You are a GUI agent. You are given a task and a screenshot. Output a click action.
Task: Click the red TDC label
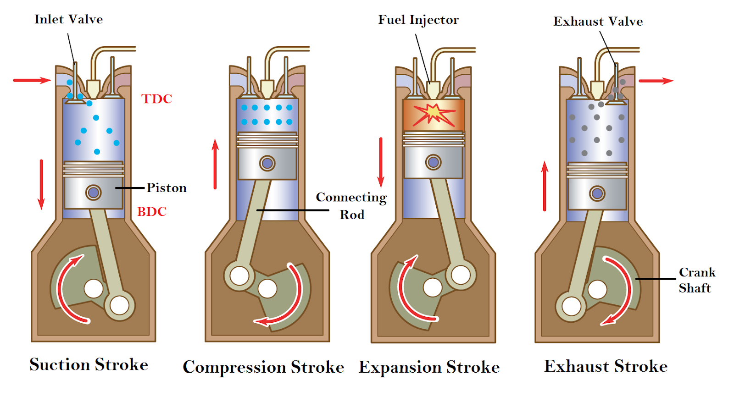pyautogui.click(x=156, y=99)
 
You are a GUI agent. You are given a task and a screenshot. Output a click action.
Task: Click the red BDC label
pyautogui.click(x=152, y=211)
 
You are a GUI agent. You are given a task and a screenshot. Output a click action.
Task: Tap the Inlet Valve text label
pyautogui.click(x=68, y=19)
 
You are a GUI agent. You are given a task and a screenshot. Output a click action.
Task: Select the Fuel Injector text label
pyautogui.click(x=418, y=20)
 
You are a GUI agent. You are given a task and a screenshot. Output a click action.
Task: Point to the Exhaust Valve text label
pyautogui.click(x=598, y=22)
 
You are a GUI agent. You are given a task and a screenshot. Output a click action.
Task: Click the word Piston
pyautogui.click(x=167, y=188)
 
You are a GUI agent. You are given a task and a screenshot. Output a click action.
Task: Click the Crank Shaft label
pyautogui.click(x=696, y=280)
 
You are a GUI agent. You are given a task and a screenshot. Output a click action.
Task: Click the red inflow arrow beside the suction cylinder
pyautogui.click(x=32, y=81)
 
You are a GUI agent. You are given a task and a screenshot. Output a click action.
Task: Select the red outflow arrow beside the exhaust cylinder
pyautogui.click(x=656, y=81)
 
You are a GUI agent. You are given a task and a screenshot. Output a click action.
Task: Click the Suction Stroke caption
pyautogui.click(x=89, y=364)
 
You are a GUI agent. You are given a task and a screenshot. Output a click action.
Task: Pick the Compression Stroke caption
pyautogui.click(x=263, y=367)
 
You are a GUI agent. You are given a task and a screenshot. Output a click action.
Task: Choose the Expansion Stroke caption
pyautogui.click(x=429, y=367)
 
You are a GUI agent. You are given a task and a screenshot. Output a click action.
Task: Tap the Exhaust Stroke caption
pyautogui.click(x=606, y=366)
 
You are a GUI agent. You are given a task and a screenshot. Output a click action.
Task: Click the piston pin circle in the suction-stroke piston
pyautogui.click(x=93, y=193)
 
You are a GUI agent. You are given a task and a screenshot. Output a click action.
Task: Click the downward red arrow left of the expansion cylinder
pyautogui.click(x=381, y=162)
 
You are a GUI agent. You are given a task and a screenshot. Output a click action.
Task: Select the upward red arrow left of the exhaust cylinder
pyautogui.click(x=545, y=186)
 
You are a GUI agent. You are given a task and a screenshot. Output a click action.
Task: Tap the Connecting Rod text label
pyautogui.click(x=351, y=206)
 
